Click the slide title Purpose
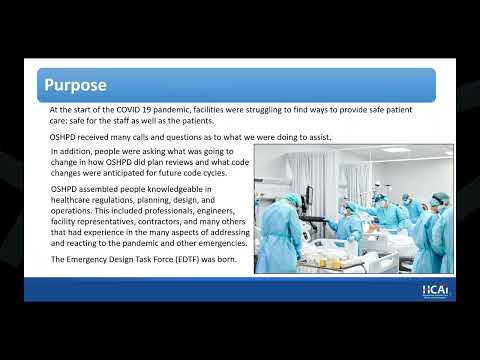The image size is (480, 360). (75, 85)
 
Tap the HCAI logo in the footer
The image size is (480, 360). (435, 290)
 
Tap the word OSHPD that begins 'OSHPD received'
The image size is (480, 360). (62, 137)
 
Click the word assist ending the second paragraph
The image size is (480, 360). (320, 137)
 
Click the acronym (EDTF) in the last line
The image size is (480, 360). (187, 260)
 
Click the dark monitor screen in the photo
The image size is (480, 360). (309, 197)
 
